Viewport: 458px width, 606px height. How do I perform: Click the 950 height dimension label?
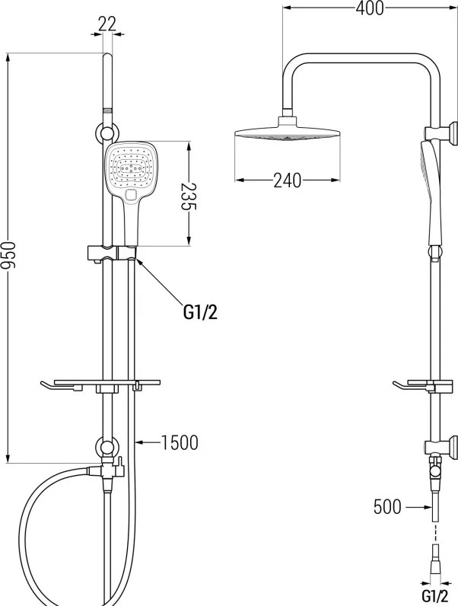click(8, 255)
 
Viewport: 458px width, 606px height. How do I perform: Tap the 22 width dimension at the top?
click(107, 24)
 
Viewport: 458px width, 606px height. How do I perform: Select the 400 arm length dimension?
click(370, 8)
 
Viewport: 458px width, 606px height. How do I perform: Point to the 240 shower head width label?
click(288, 180)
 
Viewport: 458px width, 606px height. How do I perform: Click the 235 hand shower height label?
click(189, 196)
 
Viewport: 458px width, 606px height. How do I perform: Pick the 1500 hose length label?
click(180, 442)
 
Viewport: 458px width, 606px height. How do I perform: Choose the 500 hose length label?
click(387, 507)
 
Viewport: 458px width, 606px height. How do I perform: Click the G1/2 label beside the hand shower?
click(200, 313)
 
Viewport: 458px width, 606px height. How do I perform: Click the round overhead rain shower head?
click(288, 133)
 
